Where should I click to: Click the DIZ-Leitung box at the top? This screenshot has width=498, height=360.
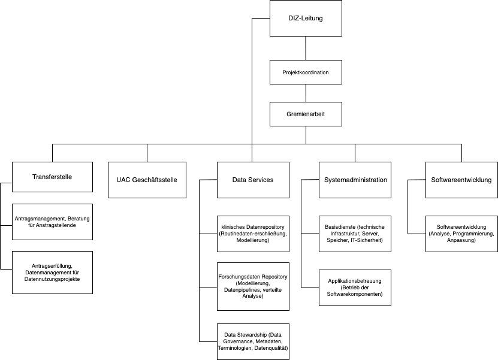[x=306, y=19]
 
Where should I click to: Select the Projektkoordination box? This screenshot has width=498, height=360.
[x=306, y=72]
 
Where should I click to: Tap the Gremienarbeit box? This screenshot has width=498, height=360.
[x=306, y=114]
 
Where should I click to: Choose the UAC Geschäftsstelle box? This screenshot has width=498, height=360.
[x=147, y=180]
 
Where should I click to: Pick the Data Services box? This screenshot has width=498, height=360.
[x=253, y=180]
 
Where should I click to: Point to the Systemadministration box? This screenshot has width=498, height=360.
[x=355, y=180]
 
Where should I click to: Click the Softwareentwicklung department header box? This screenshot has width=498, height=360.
[x=461, y=180]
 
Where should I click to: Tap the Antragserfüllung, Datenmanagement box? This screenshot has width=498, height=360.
[x=53, y=273]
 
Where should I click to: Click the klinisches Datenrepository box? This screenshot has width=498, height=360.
[x=253, y=233]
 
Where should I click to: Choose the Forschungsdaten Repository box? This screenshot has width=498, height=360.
[x=253, y=286]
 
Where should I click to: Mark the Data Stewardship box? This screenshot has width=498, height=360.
[x=253, y=341]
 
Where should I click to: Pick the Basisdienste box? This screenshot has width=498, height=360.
[x=355, y=233]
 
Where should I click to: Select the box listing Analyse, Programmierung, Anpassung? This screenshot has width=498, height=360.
[x=461, y=233]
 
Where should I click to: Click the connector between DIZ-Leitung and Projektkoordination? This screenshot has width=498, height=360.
[x=306, y=49]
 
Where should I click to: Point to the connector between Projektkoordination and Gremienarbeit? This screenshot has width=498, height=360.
[x=306, y=93]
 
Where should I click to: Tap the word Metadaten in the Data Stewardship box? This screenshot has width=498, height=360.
[x=273, y=341]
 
